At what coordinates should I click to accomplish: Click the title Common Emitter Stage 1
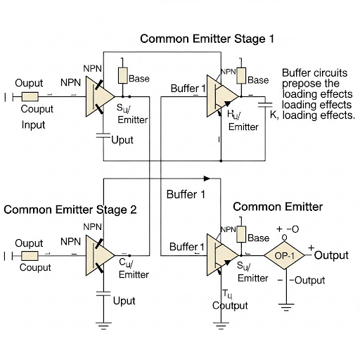point(207,39)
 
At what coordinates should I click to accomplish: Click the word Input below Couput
point(32,125)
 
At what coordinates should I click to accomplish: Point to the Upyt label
point(122,140)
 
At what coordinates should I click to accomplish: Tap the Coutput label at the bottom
point(231,305)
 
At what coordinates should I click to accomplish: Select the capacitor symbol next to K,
point(265,107)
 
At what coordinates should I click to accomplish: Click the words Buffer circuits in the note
point(318,72)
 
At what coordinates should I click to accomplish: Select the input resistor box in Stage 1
point(30,97)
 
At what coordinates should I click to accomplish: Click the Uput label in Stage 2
point(124,301)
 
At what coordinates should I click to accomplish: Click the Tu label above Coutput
point(227,293)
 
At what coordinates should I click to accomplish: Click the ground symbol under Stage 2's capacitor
point(104,325)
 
